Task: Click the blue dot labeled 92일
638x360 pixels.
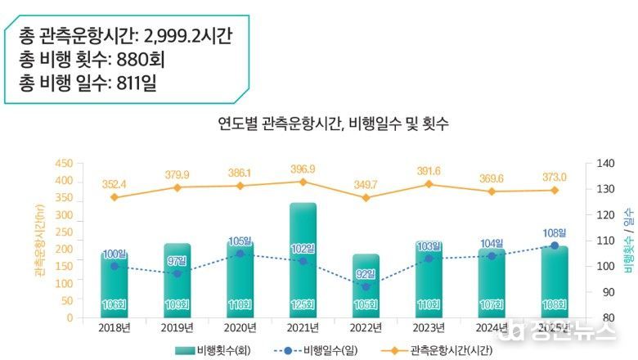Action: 366,287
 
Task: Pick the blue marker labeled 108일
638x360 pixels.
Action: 555,245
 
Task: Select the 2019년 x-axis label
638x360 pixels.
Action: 177,329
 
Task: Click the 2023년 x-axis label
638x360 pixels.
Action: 429,329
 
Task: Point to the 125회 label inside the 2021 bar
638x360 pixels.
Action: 303,305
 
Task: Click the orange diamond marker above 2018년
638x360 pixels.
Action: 114,197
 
